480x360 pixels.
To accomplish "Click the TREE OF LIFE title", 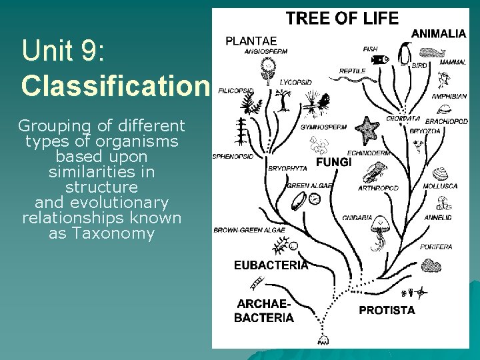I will (x=342, y=19).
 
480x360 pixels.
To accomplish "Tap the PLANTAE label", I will (x=251, y=41).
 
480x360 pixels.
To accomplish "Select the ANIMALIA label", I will (x=439, y=33).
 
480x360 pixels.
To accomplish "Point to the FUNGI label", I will (x=333, y=162).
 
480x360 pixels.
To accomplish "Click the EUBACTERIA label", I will (x=271, y=265).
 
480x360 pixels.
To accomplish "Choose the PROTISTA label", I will (x=387, y=310).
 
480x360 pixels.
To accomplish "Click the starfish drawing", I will (x=367, y=127).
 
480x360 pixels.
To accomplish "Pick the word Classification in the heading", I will (x=115, y=85).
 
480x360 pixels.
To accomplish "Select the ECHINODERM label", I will (x=369, y=153).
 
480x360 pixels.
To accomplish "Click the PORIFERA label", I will (x=436, y=247).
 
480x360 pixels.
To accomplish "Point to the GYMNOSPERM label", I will (x=323, y=127).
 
